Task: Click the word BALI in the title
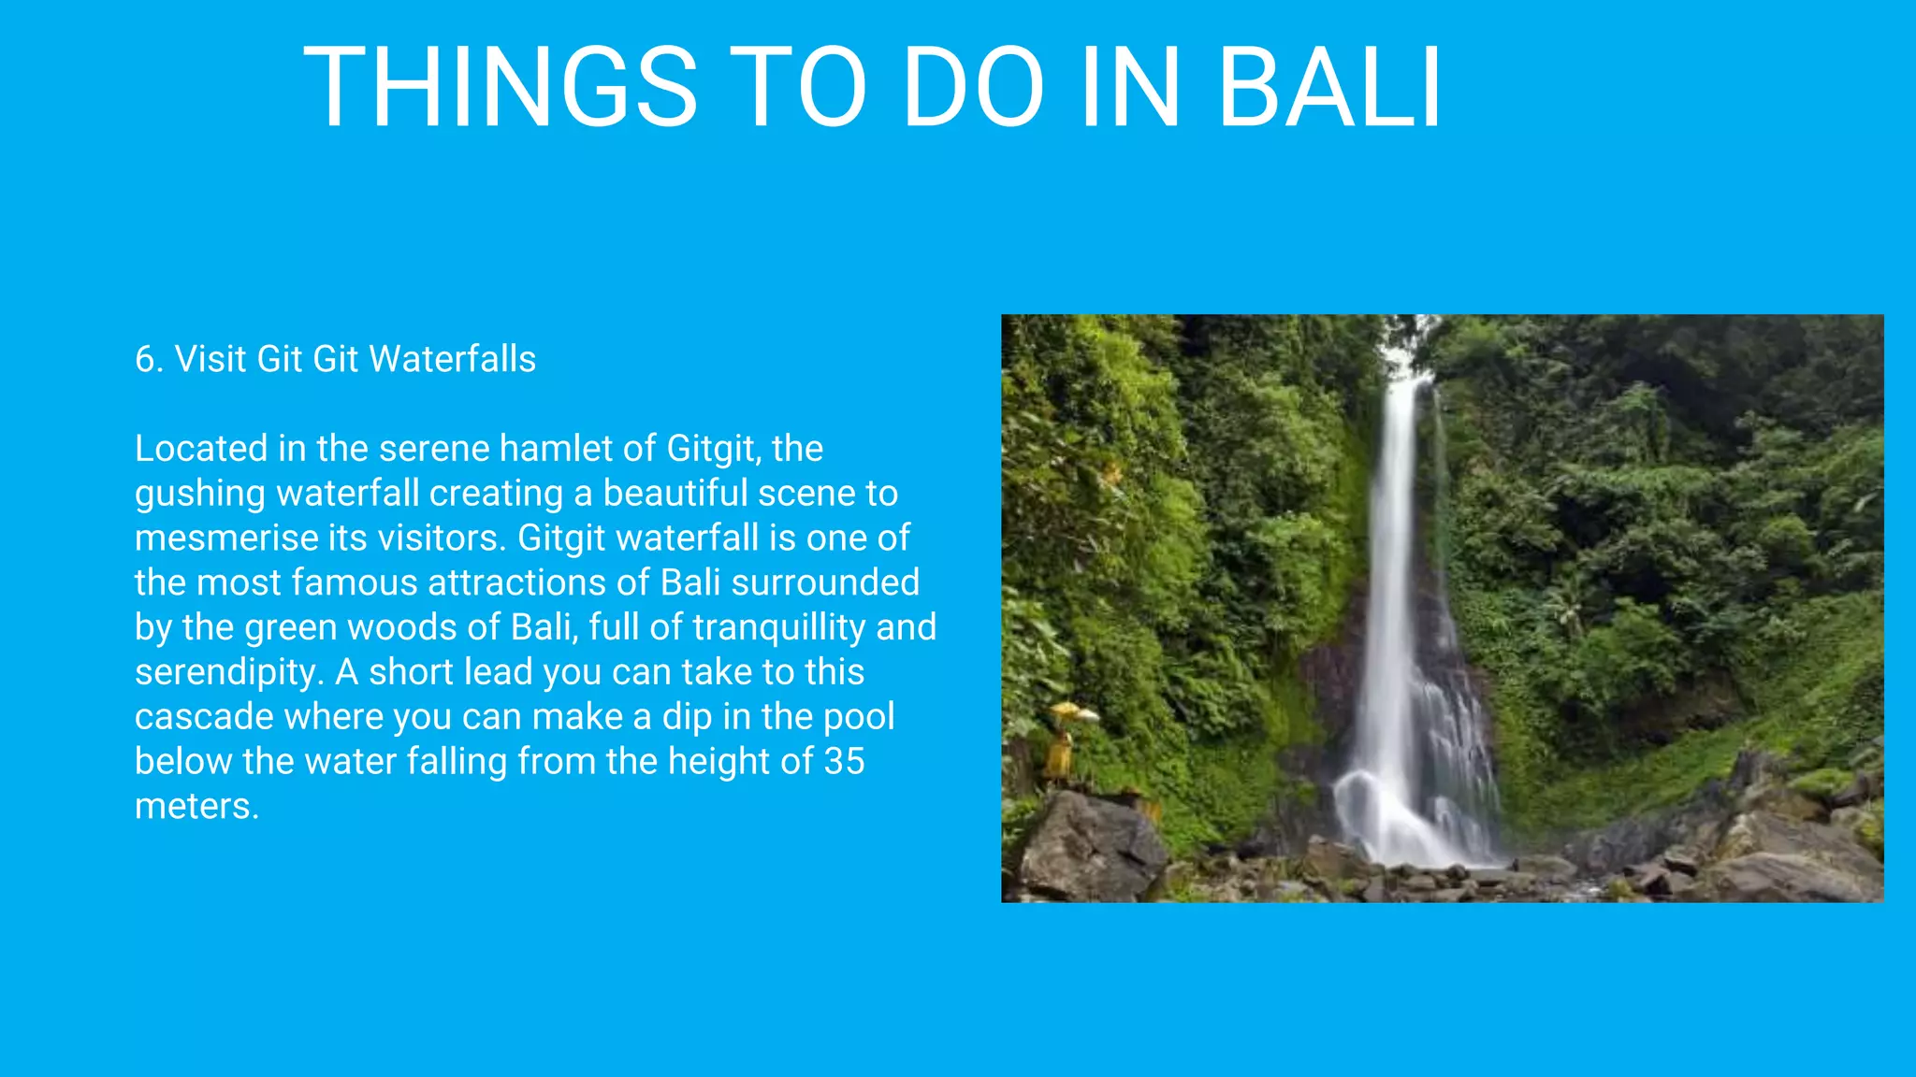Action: [1329, 88]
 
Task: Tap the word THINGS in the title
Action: [501, 88]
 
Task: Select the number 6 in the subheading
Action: [144, 359]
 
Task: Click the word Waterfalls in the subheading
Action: [453, 359]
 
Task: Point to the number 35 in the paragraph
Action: [844, 761]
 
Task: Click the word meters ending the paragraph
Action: [196, 806]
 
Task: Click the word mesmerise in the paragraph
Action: [226, 538]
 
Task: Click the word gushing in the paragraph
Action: [199, 494]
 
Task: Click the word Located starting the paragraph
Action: [201, 449]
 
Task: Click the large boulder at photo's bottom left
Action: [1090, 846]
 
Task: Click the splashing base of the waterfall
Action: [1403, 823]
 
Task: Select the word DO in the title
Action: [972, 88]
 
